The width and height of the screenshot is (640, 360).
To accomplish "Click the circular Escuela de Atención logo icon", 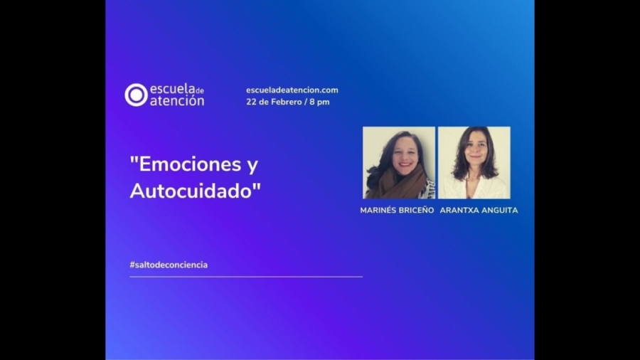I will pos(136,95).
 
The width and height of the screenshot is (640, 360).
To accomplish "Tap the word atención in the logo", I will pos(176,101).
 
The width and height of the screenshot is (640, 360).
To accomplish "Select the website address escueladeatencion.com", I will pos(292,90).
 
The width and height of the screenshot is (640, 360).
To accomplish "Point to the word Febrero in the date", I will pos(284,102).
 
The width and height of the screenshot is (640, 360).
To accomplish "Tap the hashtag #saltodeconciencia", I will pos(169,265).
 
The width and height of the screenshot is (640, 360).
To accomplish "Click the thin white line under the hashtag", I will pos(245,276).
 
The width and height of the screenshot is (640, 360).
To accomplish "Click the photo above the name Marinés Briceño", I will pos(398,162).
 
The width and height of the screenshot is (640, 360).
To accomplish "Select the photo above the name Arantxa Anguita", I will pos(474,162).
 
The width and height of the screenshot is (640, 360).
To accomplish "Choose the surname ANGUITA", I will pos(500,211).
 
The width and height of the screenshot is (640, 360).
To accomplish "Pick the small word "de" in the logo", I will pos(199,90).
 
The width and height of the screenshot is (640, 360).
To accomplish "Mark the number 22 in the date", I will pos(250,102).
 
